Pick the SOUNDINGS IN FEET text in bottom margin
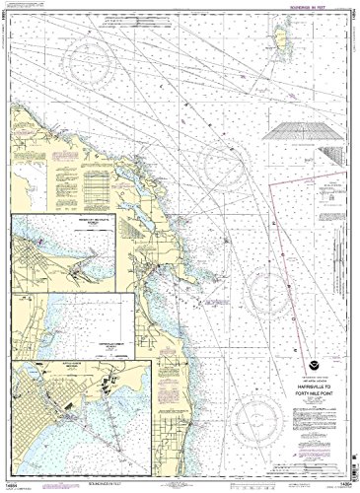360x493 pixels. click(157, 483)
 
